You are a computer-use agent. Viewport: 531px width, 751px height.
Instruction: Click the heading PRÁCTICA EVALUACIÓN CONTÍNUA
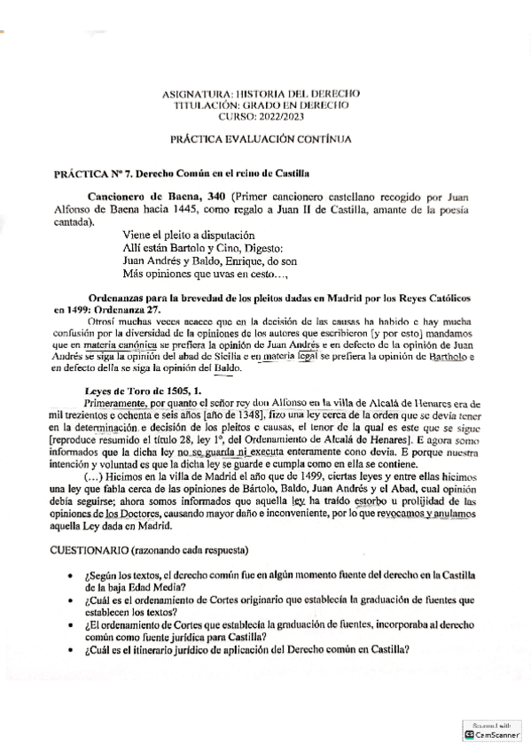(x=261, y=139)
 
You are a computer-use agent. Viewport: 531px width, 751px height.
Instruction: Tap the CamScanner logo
(x=469, y=735)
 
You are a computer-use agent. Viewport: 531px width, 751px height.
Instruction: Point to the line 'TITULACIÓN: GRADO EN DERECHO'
(x=261, y=105)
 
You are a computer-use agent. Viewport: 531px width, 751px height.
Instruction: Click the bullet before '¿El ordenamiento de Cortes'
(x=70, y=624)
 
